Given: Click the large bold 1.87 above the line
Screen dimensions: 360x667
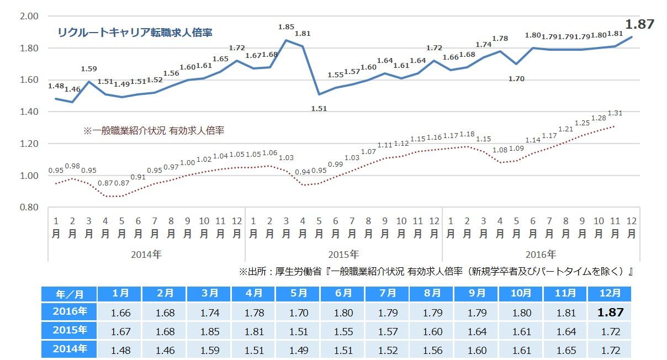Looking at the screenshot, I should [640, 24].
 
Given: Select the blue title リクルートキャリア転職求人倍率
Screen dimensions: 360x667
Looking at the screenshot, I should [135, 32].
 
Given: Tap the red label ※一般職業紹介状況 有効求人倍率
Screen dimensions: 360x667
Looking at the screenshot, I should [153, 131].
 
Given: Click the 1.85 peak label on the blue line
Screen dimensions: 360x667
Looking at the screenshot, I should [286, 27].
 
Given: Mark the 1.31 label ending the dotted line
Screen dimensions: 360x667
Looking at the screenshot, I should [615, 113].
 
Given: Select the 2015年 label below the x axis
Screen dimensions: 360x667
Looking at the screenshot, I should [343, 255].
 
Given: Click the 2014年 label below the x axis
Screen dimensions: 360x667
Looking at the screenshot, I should [146, 255].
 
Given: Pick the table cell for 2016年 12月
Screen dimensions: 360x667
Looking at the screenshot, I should [610, 313].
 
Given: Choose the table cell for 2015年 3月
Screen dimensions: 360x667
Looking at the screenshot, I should [210, 331].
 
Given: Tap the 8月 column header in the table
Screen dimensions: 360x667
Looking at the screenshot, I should [433, 293].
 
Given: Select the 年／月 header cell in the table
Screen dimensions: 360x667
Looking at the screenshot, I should [68, 293].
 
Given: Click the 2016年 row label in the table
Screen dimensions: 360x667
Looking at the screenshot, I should [68, 312].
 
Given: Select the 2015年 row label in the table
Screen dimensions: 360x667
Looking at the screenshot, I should [68, 331].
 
